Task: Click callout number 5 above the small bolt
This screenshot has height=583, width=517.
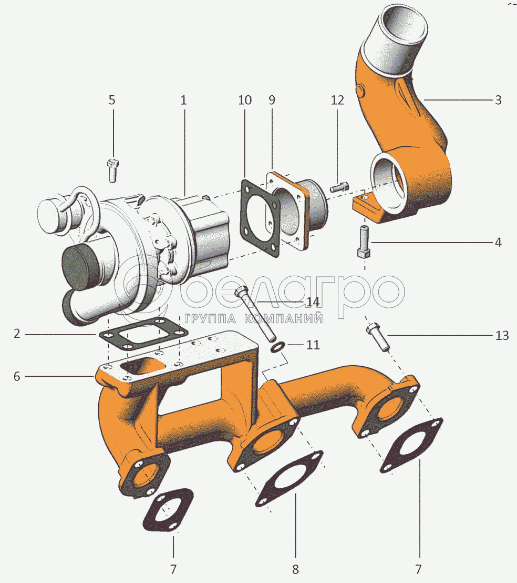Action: pyautogui.click(x=112, y=99)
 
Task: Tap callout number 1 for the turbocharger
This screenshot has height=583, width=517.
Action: pyautogui.click(x=183, y=99)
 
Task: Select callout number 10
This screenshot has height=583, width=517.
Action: pyautogui.click(x=245, y=99)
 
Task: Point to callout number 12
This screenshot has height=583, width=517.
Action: pyautogui.click(x=337, y=99)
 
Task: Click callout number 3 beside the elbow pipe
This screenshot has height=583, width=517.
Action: pyautogui.click(x=498, y=99)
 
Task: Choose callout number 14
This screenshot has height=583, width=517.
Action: pyautogui.click(x=313, y=302)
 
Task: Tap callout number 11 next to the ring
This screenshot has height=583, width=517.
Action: pyautogui.click(x=313, y=345)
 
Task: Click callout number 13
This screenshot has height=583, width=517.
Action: pyautogui.click(x=502, y=335)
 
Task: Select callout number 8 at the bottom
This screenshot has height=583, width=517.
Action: pyautogui.click(x=295, y=569)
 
